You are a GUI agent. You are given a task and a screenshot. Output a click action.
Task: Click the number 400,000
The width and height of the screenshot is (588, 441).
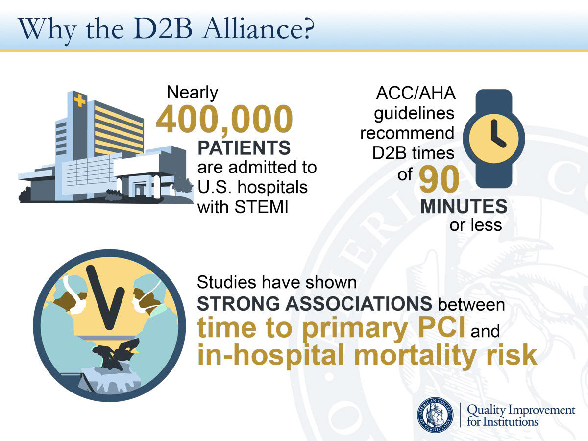click(224, 119)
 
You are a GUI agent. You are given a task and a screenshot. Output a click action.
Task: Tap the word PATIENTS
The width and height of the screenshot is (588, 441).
click(244, 147)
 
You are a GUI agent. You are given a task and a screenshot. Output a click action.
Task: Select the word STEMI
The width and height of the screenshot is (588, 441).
click(262, 207)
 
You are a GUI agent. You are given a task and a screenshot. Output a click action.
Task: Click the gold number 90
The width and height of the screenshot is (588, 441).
click(439, 179)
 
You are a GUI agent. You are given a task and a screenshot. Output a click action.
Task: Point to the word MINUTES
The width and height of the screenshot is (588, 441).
click(464, 206)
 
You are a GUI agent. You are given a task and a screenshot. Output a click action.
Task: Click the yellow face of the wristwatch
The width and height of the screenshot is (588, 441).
click(494, 139)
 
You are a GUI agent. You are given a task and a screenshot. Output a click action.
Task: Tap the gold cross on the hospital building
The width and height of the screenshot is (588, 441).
click(80, 100)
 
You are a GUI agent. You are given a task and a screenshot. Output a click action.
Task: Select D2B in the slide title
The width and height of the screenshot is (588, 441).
click(163, 28)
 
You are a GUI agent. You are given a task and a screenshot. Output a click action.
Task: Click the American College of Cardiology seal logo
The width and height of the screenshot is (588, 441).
click(435, 415)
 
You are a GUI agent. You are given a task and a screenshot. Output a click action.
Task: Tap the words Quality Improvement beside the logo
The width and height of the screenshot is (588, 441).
click(521, 410)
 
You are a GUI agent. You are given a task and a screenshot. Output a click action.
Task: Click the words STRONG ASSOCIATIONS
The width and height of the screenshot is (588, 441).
click(315, 303)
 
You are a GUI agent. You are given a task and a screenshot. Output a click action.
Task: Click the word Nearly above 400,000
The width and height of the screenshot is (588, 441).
click(193, 93)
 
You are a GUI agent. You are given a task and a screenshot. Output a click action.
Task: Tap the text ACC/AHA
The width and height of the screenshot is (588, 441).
click(416, 93)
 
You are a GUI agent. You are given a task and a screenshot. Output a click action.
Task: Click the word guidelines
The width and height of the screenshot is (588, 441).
click(414, 114)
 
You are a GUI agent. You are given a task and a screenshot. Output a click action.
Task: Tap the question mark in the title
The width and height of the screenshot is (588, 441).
click(309, 28)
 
